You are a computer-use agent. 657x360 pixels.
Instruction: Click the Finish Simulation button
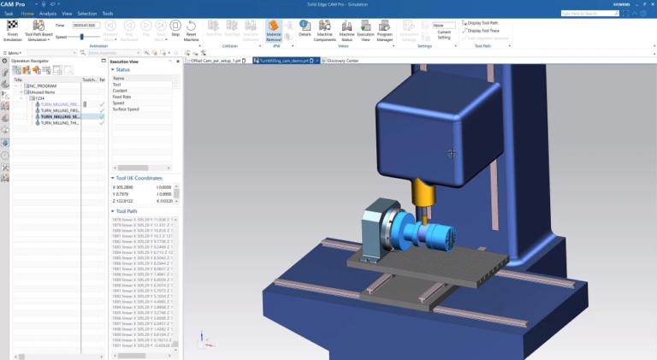point(13,32)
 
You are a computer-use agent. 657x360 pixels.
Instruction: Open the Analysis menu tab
point(48,14)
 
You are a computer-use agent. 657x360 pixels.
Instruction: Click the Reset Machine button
point(192,32)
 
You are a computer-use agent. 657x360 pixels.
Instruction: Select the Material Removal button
point(274,32)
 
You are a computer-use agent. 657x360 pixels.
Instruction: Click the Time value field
point(84,26)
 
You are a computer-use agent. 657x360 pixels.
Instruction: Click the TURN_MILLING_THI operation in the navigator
point(59,122)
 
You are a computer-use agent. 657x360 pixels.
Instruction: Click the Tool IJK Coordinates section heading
point(140,178)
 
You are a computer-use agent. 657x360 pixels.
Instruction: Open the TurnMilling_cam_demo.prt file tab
point(284,61)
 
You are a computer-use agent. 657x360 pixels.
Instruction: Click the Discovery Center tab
point(344,61)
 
